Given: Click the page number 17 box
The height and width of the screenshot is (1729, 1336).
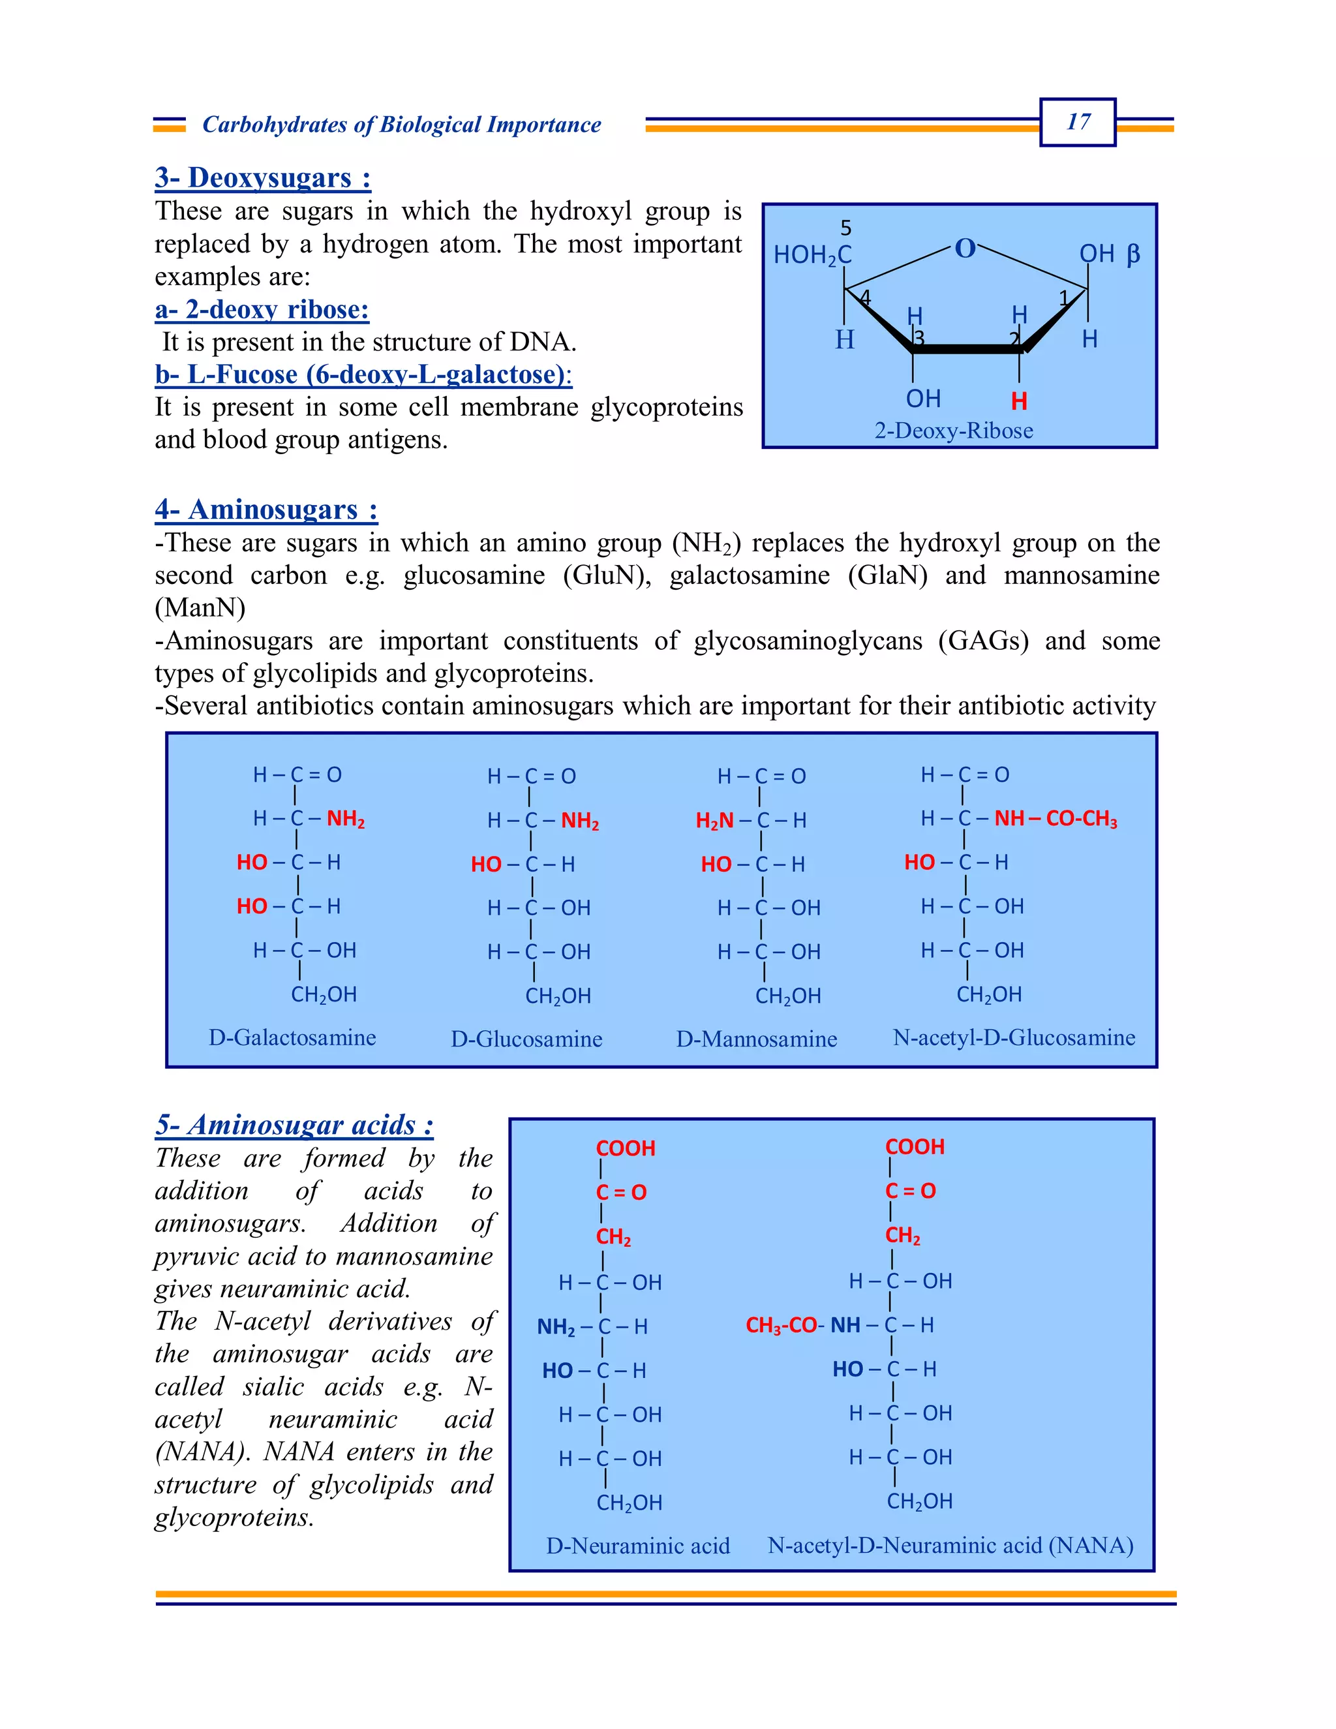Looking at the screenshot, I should tap(1077, 122).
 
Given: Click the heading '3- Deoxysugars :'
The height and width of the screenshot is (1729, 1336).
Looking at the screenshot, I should tap(263, 177).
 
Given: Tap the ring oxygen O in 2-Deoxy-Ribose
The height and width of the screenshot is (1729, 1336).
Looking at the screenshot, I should tap(965, 249).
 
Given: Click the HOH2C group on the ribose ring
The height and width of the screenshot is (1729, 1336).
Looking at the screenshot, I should tap(812, 255).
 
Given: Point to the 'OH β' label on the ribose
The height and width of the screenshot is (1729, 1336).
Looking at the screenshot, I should tap(1109, 253).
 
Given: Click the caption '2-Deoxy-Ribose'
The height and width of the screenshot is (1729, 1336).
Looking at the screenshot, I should tap(953, 431).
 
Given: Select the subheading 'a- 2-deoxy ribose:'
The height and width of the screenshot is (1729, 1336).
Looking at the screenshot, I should tap(262, 309).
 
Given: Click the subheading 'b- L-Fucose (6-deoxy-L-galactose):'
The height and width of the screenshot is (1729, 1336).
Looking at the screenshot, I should tap(363, 374).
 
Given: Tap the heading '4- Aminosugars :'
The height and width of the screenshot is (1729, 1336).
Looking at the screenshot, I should tap(266, 509).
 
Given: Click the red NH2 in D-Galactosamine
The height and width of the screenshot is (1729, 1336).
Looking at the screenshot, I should tap(346, 819).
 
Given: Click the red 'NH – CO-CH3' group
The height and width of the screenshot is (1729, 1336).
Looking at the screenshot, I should tap(1055, 819).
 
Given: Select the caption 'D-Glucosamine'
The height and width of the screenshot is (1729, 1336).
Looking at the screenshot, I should tap(526, 1039).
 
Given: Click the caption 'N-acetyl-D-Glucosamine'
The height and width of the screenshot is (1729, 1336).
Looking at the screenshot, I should tap(1013, 1037).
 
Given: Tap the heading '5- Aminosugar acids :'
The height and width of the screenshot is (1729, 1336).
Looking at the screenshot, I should tap(294, 1124).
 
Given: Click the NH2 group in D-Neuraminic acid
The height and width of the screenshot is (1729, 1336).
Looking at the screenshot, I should tap(556, 1327).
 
